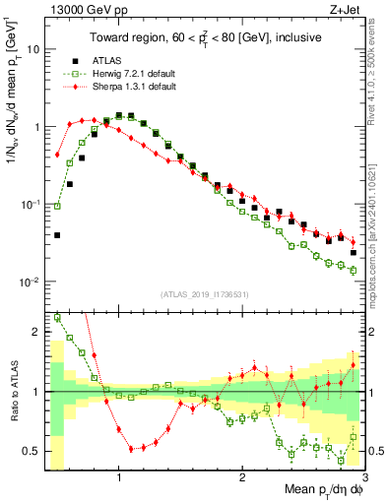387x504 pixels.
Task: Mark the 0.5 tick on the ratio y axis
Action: tap(32, 452)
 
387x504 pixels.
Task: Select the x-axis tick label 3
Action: tap(364, 478)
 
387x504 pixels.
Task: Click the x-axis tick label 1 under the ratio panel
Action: tap(119, 478)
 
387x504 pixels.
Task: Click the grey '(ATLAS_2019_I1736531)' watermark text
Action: tap(206, 294)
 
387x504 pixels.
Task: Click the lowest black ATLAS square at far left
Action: tap(57, 235)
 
